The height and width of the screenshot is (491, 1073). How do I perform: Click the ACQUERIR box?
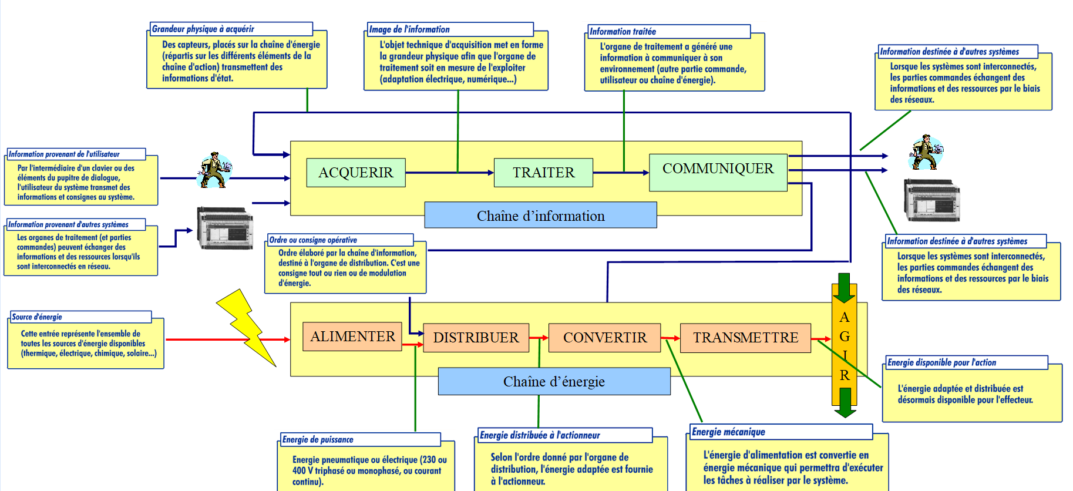[355, 173]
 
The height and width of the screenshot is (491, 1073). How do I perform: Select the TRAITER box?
[543, 173]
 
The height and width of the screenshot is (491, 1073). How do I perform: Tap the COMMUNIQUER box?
[718, 171]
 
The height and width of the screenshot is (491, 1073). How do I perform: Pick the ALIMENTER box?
[352, 337]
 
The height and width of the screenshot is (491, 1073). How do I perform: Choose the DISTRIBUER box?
[476, 338]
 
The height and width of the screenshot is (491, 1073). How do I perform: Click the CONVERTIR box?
[604, 338]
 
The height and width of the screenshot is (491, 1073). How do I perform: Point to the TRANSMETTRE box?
[745, 338]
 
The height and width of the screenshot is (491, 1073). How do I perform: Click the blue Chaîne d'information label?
[540, 216]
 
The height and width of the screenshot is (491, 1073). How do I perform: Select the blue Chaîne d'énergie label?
[554, 382]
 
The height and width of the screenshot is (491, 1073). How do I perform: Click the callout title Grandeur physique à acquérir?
[203, 29]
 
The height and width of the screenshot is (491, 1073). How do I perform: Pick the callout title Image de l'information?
[409, 29]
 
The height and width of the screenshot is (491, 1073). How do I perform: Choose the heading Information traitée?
[623, 32]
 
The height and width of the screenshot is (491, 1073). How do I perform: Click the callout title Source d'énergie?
[37, 317]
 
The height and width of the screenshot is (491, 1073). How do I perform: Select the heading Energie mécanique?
[728, 432]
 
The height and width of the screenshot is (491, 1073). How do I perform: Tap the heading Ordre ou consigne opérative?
[313, 240]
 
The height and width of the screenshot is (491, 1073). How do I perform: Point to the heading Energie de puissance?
[318, 440]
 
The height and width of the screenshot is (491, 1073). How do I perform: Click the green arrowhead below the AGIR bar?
[845, 405]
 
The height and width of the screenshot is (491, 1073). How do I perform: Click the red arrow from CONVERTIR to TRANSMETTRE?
[670, 338]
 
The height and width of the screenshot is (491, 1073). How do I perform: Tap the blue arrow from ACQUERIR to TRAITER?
[449, 173]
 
